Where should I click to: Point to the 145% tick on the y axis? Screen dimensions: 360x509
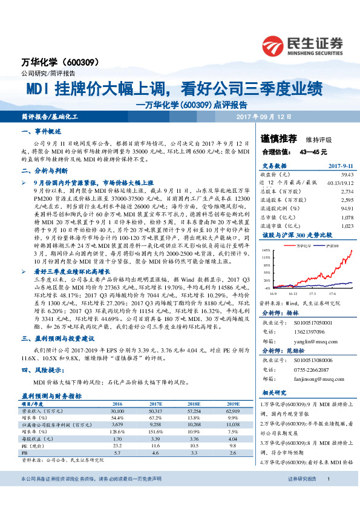[266, 250]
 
